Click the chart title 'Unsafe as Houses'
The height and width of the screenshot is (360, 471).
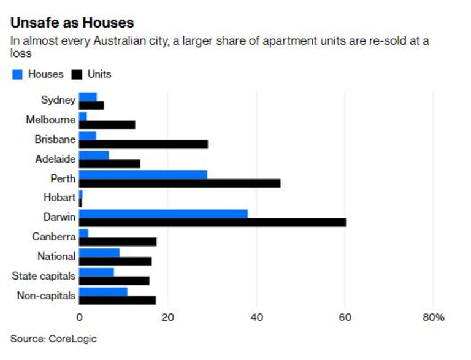click(72, 23)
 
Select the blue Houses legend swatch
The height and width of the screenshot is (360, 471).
click(17, 75)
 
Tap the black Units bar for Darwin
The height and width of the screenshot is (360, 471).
click(212, 222)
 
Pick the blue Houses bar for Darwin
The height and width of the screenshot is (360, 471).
click(163, 213)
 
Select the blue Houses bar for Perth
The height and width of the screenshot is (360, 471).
click(143, 175)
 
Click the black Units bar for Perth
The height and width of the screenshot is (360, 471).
click(180, 183)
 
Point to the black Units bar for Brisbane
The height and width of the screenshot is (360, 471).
click(144, 144)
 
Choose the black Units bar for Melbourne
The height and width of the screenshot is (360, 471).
click(107, 124)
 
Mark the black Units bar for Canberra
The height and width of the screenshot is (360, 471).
click(118, 242)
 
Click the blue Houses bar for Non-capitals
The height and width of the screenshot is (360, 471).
click(103, 291)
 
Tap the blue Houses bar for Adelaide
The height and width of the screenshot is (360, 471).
click(94, 155)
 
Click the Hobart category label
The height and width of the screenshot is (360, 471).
click(59, 198)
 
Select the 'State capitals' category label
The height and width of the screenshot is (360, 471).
click(44, 276)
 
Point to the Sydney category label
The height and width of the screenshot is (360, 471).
click(58, 100)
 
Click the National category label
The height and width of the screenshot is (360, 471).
click(56, 256)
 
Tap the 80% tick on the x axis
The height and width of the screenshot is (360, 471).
click(433, 318)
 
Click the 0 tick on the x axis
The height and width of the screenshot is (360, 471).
click(79, 318)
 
